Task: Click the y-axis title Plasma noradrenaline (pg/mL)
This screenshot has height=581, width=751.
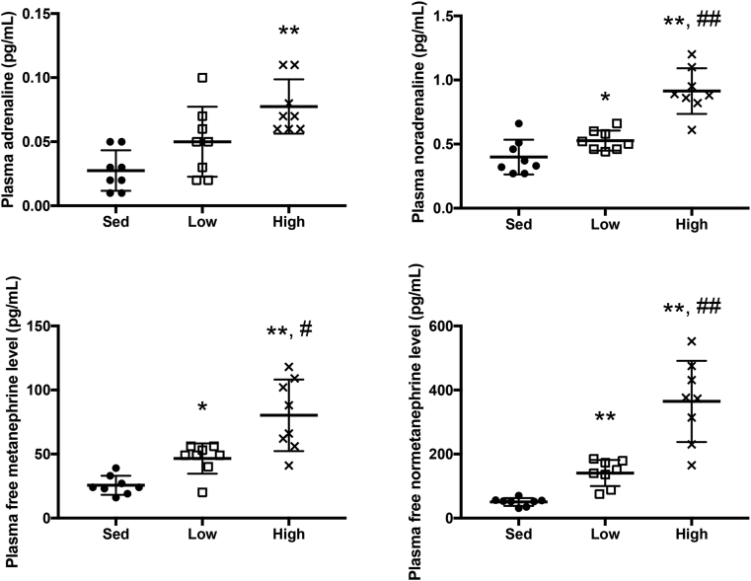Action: coord(405,110)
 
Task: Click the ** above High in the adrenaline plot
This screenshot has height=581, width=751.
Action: coord(288,32)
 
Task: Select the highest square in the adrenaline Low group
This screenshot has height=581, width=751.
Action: coord(202,77)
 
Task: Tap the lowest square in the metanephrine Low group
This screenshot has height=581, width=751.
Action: coord(202,492)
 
